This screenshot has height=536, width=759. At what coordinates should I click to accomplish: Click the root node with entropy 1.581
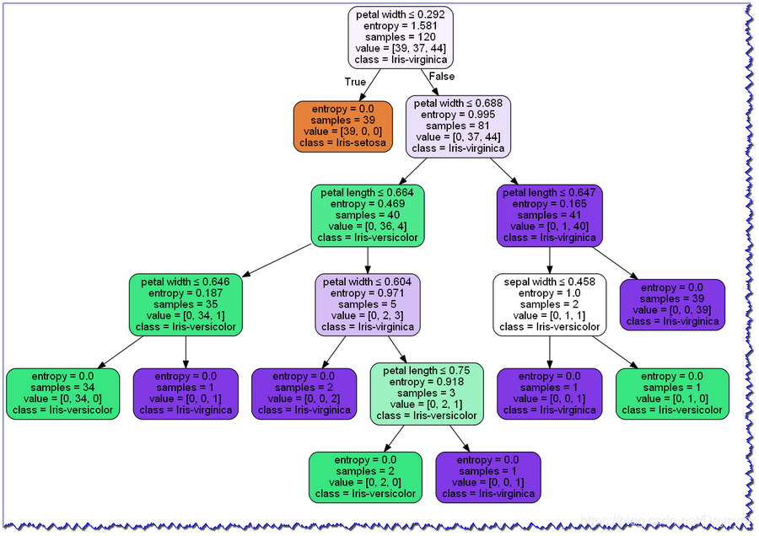(401, 37)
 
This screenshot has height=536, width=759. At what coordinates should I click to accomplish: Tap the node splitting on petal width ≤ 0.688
(458, 126)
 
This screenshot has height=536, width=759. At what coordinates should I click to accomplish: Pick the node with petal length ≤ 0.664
(367, 216)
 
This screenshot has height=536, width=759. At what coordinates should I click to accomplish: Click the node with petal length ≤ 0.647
(549, 216)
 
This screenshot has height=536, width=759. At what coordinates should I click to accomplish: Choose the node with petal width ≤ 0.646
(186, 304)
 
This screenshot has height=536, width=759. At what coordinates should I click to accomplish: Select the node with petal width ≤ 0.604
(368, 304)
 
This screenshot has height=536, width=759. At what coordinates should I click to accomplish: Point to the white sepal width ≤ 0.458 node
(549, 304)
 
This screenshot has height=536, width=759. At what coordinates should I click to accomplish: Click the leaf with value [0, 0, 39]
(672, 304)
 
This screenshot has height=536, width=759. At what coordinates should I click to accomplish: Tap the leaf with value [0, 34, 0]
(62, 394)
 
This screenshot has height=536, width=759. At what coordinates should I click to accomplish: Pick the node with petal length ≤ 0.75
(426, 393)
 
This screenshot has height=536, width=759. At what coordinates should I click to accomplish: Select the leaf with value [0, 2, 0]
(364, 477)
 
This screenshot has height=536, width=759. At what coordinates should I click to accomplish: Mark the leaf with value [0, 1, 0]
(672, 394)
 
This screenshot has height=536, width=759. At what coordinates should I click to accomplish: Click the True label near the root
(355, 82)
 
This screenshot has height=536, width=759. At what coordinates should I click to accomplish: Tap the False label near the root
(442, 77)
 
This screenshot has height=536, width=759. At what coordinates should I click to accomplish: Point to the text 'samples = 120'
(401, 37)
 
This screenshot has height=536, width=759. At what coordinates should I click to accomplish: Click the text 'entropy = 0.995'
(458, 115)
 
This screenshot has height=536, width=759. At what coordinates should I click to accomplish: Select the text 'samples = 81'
(458, 126)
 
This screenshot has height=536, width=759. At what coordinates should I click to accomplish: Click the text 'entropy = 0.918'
(426, 382)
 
